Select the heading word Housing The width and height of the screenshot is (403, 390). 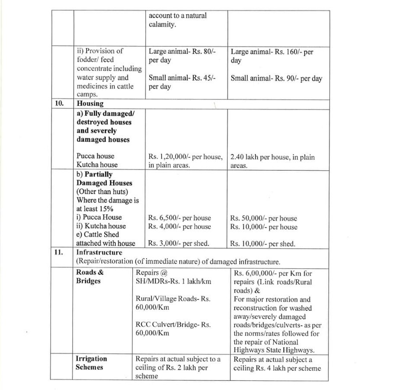[x=90, y=104]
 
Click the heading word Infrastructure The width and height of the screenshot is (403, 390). [x=99, y=252]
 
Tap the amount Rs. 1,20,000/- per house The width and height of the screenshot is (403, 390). [x=185, y=156]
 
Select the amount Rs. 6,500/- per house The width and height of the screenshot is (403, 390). [x=179, y=218]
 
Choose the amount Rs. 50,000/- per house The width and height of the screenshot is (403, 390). [x=263, y=218]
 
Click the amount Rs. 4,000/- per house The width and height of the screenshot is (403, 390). [x=179, y=227]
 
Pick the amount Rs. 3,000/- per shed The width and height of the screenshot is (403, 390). [x=178, y=244]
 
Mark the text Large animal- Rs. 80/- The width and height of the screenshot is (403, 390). [x=182, y=51]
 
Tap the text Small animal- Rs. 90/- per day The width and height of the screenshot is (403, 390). [x=276, y=78]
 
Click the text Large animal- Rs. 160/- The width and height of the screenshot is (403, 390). [x=266, y=52]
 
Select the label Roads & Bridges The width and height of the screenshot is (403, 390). [x=90, y=276]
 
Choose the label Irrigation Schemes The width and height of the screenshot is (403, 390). [x=91, y=363]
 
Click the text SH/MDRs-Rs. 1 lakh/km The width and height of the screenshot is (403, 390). [x=173, y=281]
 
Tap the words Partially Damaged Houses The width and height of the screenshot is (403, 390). [x=104, y=179]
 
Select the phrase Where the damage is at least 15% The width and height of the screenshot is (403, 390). [x=107, y=205]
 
